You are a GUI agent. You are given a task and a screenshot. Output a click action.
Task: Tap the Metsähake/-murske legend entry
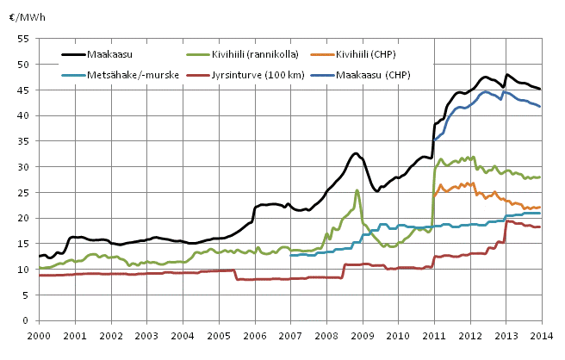pyautogui.click(x=121, y=75)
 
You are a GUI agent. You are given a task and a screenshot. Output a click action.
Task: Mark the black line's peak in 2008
pyautogui.click(x=355, y=153)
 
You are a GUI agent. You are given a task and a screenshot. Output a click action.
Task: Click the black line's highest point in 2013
pyautogui.click(x=507, y=75)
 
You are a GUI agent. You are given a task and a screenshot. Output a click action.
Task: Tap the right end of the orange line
pyautogui.click(x=540, y=208)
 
